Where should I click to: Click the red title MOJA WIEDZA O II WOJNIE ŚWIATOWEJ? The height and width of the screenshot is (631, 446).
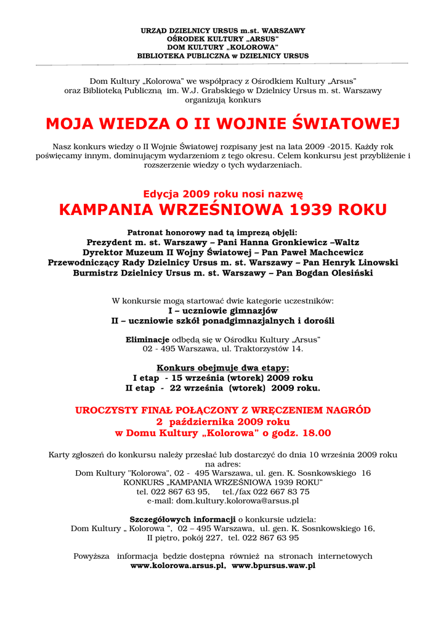click(x=222, y=124)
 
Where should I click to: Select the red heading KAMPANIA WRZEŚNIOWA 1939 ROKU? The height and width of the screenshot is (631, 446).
click(x=222, y=210)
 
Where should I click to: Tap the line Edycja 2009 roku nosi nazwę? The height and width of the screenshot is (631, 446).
click(x=222, y=193)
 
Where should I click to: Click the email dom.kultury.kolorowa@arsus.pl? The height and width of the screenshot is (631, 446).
click(x=237, y=501)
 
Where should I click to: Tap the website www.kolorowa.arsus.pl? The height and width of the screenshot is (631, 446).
click(x=177, y=565)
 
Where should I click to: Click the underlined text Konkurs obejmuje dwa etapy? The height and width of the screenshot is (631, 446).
click(x=222, y=368)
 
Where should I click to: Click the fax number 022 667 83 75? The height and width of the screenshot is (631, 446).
click(x=281, y=492)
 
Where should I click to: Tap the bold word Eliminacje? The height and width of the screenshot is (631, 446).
click(x=147, y=340)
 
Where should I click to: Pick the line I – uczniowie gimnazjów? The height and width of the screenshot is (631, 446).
click(x=222, y=311)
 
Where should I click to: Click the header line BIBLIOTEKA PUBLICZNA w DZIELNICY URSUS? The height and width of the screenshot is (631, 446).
click(x=222, y=56)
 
